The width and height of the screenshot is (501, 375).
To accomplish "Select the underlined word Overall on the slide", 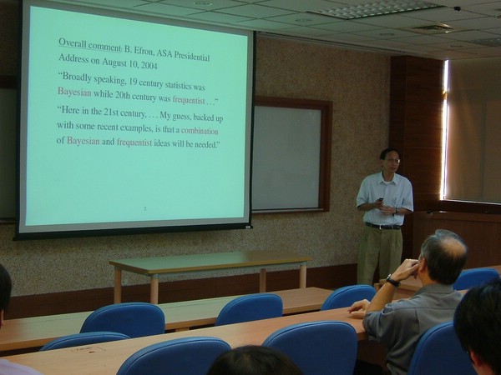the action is point(72,42).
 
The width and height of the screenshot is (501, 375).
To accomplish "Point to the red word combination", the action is point(200,131).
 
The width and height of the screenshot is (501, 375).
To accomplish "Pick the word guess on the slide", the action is point(182,117).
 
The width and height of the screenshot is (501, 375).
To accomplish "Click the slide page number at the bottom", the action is point(145,209).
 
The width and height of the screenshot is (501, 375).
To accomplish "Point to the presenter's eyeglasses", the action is point(392,161).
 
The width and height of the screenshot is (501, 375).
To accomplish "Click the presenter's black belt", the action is point(382,227).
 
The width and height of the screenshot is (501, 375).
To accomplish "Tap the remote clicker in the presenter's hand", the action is point(380,200).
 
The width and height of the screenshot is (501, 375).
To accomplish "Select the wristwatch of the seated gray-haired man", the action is point(392,281).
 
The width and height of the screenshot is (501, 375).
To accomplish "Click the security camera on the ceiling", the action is point(458,8).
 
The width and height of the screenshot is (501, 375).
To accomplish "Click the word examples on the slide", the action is point(136,127).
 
